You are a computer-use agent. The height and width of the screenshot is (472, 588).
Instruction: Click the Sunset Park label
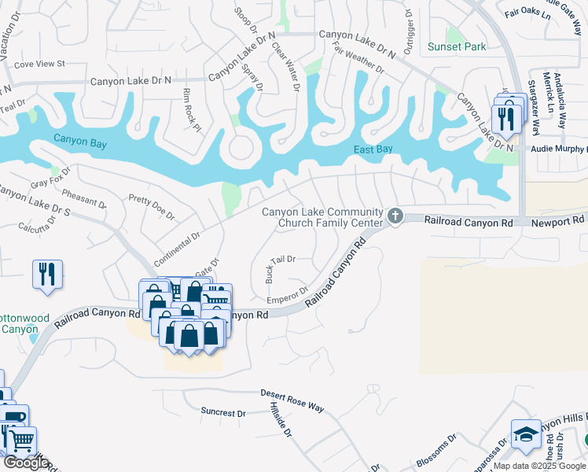pos(457,46)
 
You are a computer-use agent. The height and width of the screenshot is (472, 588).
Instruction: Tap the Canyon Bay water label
pos(79,139)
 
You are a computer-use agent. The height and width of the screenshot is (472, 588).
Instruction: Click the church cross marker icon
pos(395,216)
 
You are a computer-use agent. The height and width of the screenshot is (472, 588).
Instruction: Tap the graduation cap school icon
pos(525,433)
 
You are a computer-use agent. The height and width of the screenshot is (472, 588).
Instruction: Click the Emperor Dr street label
pos(287,295)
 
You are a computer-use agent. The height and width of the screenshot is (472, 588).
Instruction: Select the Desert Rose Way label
pos(292,400)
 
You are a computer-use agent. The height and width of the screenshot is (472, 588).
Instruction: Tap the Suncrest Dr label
pos(222,411)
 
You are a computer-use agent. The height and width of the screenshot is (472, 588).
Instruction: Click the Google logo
pos(26,463)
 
